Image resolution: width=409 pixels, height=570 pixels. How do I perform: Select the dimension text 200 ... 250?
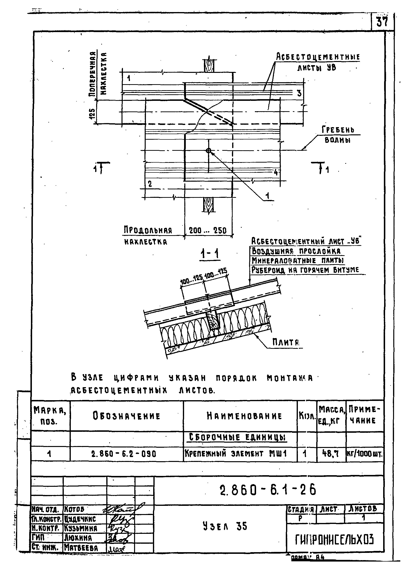coord(208,230)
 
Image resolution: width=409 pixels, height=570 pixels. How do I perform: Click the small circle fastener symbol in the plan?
coord(208,151)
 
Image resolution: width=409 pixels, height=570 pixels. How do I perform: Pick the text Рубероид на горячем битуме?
coord(305,270)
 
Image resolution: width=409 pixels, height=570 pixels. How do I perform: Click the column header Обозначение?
coord(127,416)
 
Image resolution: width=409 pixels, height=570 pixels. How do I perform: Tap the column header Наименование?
coord(244,416)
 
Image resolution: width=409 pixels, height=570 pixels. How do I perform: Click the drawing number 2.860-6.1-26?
coord(268,490)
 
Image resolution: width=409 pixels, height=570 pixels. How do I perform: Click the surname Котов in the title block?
coord(74,509)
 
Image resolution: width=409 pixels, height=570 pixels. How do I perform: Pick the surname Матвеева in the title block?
coord(81,548)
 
